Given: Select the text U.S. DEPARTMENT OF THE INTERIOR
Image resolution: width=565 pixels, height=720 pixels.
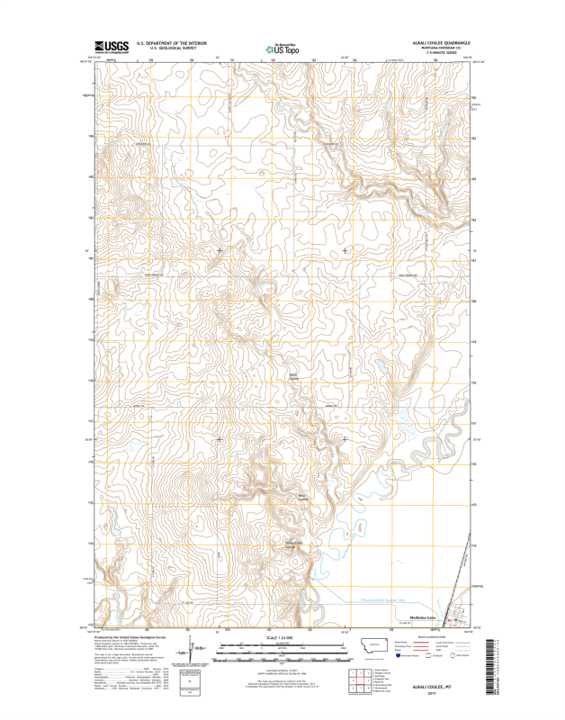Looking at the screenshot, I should [x=172, y=42].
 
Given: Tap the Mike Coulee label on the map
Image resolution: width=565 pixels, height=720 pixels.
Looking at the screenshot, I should [x=303, y=496].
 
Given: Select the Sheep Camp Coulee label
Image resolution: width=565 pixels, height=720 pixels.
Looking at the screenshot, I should [x=295, y=543].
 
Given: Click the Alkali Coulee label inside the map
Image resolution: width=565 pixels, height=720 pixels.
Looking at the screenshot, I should [x=293, y=375].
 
